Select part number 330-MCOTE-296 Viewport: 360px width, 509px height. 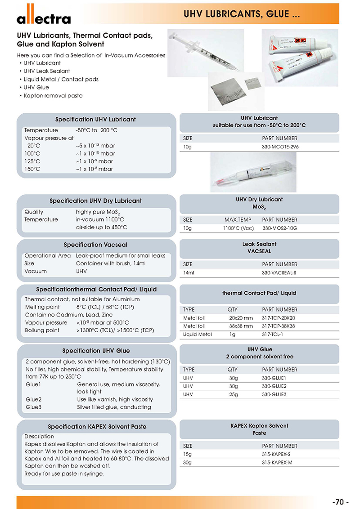[x=280, y=147]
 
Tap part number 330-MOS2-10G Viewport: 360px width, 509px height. [x=279, y=228]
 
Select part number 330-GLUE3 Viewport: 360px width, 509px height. [x=274, y=394]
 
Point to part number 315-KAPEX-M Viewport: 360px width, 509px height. [x=277, y=462]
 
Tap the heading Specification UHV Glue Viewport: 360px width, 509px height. [x=95, y=351]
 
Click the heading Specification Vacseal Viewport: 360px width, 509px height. [x=95, y=245]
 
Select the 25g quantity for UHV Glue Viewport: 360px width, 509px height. [x=233, y=394]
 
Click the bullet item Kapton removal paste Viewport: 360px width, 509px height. [x=53, y=95]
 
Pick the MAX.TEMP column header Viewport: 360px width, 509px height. [x=238, y=220]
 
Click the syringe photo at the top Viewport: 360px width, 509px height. [x=205, y=49]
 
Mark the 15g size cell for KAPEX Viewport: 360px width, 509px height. [x=188, y=454]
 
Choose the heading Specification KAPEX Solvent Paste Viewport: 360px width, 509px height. [x=97, y=426]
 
